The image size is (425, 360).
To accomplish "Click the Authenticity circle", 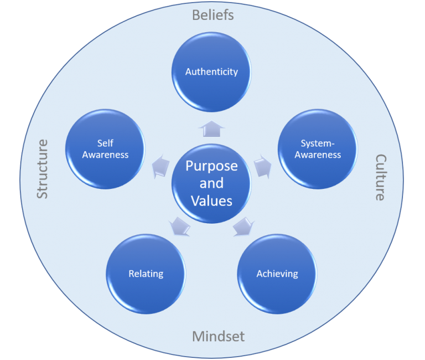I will [211, 72].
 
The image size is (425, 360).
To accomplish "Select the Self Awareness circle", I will [105, 149].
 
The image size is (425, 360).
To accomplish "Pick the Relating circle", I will [146, 274].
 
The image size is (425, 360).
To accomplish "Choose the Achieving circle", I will [277, 274].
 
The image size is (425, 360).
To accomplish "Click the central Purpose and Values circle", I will [211, 183].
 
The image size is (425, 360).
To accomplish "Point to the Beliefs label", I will [213, 15].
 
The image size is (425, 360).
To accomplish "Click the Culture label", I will [380, 177].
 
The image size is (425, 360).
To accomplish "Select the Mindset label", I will [218, 336].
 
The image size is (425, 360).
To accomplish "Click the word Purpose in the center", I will [211, 166].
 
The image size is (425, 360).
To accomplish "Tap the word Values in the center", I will [211, 200].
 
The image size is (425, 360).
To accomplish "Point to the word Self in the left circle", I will [105, 143].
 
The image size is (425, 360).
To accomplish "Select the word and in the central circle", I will [211, 183].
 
